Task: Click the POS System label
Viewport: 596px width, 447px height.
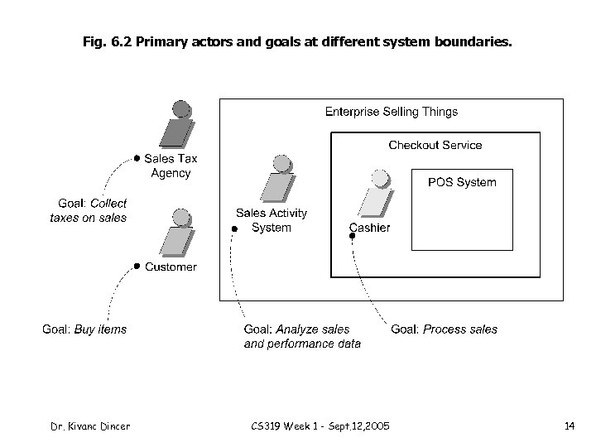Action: click(x=462, y=182)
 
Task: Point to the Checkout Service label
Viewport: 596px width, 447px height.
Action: click(x=435, y=145)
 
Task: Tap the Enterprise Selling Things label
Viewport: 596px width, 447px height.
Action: click(x=391, y=112)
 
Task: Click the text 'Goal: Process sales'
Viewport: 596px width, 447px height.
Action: click(x=445, y=329)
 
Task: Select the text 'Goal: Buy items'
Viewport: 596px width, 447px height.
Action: click(x=84, y=329)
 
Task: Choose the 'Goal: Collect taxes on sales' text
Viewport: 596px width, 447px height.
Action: click(x=89, y=210)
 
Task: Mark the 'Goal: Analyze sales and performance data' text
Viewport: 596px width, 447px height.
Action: click(x=301, y=336)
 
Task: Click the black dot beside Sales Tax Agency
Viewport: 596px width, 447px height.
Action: click(x=137, y=156)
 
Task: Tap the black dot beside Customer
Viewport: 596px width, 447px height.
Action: click(x=137, y=266)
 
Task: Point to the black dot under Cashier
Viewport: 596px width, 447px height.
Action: click(x=352, y=237)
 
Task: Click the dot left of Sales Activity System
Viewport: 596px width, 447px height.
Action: click(x=235, y=227)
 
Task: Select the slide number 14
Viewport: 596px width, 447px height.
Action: click(x=569, y=426)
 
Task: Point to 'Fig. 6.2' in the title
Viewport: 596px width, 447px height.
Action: click(x=106, y=39)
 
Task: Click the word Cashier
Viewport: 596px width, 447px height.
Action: click(x=370, y=228)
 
